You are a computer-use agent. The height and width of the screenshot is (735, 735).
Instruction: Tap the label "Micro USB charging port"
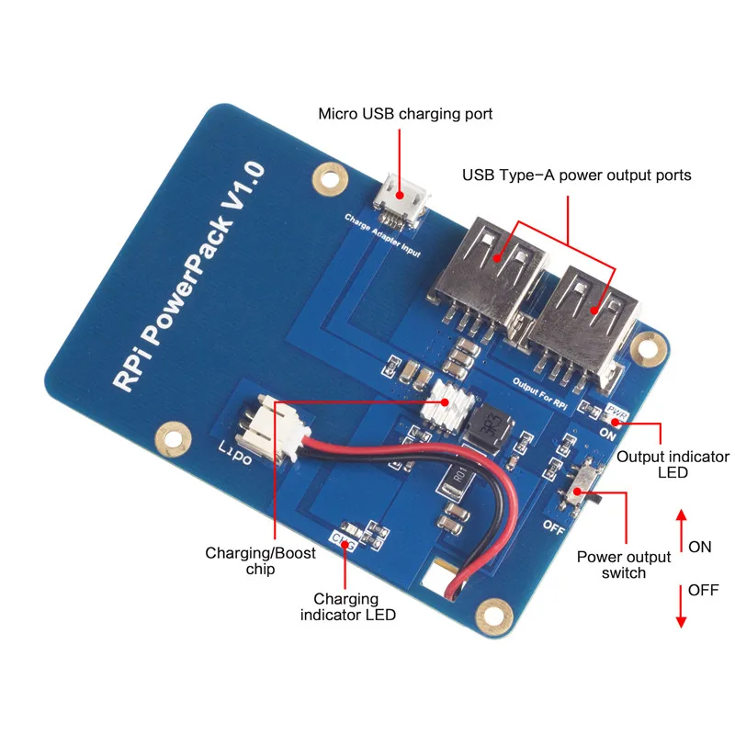[x=405, y=115]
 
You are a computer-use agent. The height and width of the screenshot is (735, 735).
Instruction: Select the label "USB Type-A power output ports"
[x=576, y=175]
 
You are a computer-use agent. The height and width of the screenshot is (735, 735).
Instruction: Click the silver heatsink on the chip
[x=449, y=405]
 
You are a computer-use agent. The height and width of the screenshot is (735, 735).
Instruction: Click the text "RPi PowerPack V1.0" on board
[x=189, y=277]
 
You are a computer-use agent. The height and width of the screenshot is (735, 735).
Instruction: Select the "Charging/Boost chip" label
[x=260, y=561]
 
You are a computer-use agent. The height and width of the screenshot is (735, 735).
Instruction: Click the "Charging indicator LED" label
[x=348, y=607]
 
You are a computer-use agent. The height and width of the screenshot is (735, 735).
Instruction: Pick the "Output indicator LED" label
[x=673, y=464]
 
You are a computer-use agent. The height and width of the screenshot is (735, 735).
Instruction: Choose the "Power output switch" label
[x=625, y=564]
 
